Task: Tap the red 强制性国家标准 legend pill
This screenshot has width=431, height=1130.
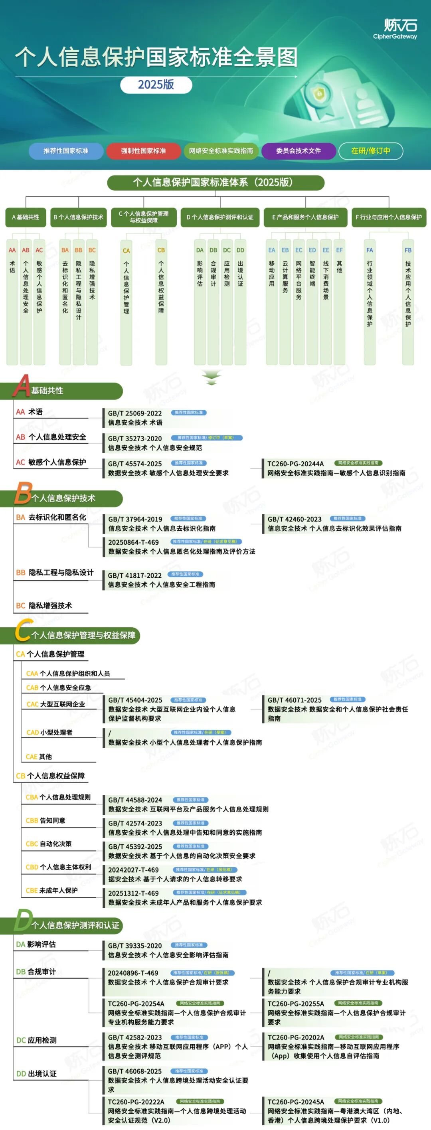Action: point(144,151)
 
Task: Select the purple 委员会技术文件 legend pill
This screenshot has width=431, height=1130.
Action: point(299,151)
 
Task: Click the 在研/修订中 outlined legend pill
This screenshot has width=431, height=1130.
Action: point(370,151)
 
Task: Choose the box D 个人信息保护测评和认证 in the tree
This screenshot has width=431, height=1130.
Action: point(220,217)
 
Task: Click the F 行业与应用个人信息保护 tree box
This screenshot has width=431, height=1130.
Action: point(388,217)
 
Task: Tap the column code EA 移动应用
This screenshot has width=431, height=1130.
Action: point(272,251)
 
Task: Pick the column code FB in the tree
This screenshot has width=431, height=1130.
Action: point(408,251)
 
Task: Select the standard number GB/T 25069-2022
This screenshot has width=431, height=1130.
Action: point(135,413)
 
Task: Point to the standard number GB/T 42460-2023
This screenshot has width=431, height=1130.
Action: point(295,520)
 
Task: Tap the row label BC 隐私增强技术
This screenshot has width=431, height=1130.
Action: point(44,606)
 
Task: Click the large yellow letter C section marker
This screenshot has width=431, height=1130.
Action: point(23,631)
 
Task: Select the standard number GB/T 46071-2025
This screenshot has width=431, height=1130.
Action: point(295,700)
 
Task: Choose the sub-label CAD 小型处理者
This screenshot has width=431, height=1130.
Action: point(49,733)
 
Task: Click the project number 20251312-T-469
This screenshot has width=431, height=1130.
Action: point(133,893)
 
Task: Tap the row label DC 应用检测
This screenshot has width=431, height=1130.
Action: point(36,1041)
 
